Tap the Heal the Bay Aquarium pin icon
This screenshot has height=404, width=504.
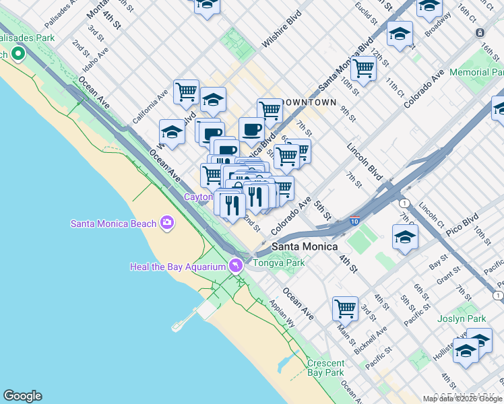point(235,266)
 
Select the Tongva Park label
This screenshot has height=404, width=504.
point(278,263)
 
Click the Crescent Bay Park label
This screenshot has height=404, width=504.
point(325,367)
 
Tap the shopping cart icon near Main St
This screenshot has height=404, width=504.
point(345,308)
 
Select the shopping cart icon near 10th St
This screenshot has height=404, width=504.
point(363,67)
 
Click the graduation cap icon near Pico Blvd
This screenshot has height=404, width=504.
point(405,237)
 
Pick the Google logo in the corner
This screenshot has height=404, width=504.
point(22,396)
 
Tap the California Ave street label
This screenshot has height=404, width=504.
point(150,107)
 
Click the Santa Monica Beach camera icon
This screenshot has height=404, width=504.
point(166,223)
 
